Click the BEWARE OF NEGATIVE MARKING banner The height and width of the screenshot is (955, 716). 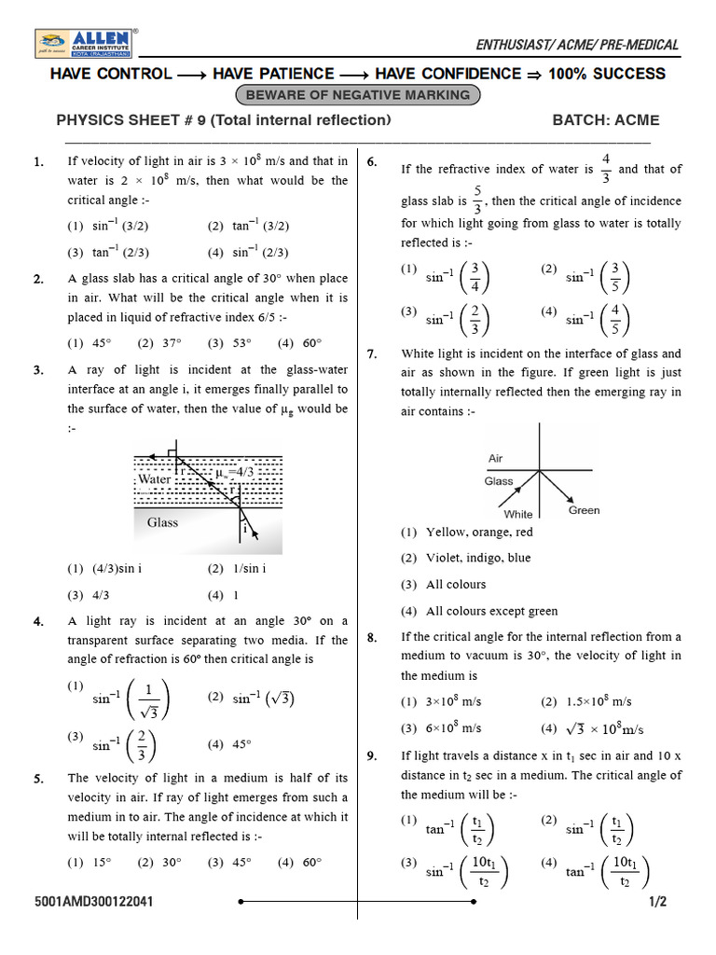point(359,94)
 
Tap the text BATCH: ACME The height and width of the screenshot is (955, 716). point(605,120)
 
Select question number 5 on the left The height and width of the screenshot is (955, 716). point(38,778)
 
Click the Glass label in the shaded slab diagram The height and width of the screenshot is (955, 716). point(162,522)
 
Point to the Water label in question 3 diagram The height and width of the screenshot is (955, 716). point(154,479)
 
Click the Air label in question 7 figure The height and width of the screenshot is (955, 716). point(496,459)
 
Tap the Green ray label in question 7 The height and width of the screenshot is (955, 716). point(584,510)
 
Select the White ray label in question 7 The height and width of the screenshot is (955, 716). point(518,514)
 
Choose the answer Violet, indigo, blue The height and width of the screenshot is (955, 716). point(478,558)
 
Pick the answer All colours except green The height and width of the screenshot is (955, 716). point(491,611)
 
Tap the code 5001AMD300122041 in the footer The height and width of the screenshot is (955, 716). point(94,903)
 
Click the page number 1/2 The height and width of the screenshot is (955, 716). point(660,903)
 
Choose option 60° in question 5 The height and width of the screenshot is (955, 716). point(311,862)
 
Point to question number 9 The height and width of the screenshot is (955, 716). point(372,755)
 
